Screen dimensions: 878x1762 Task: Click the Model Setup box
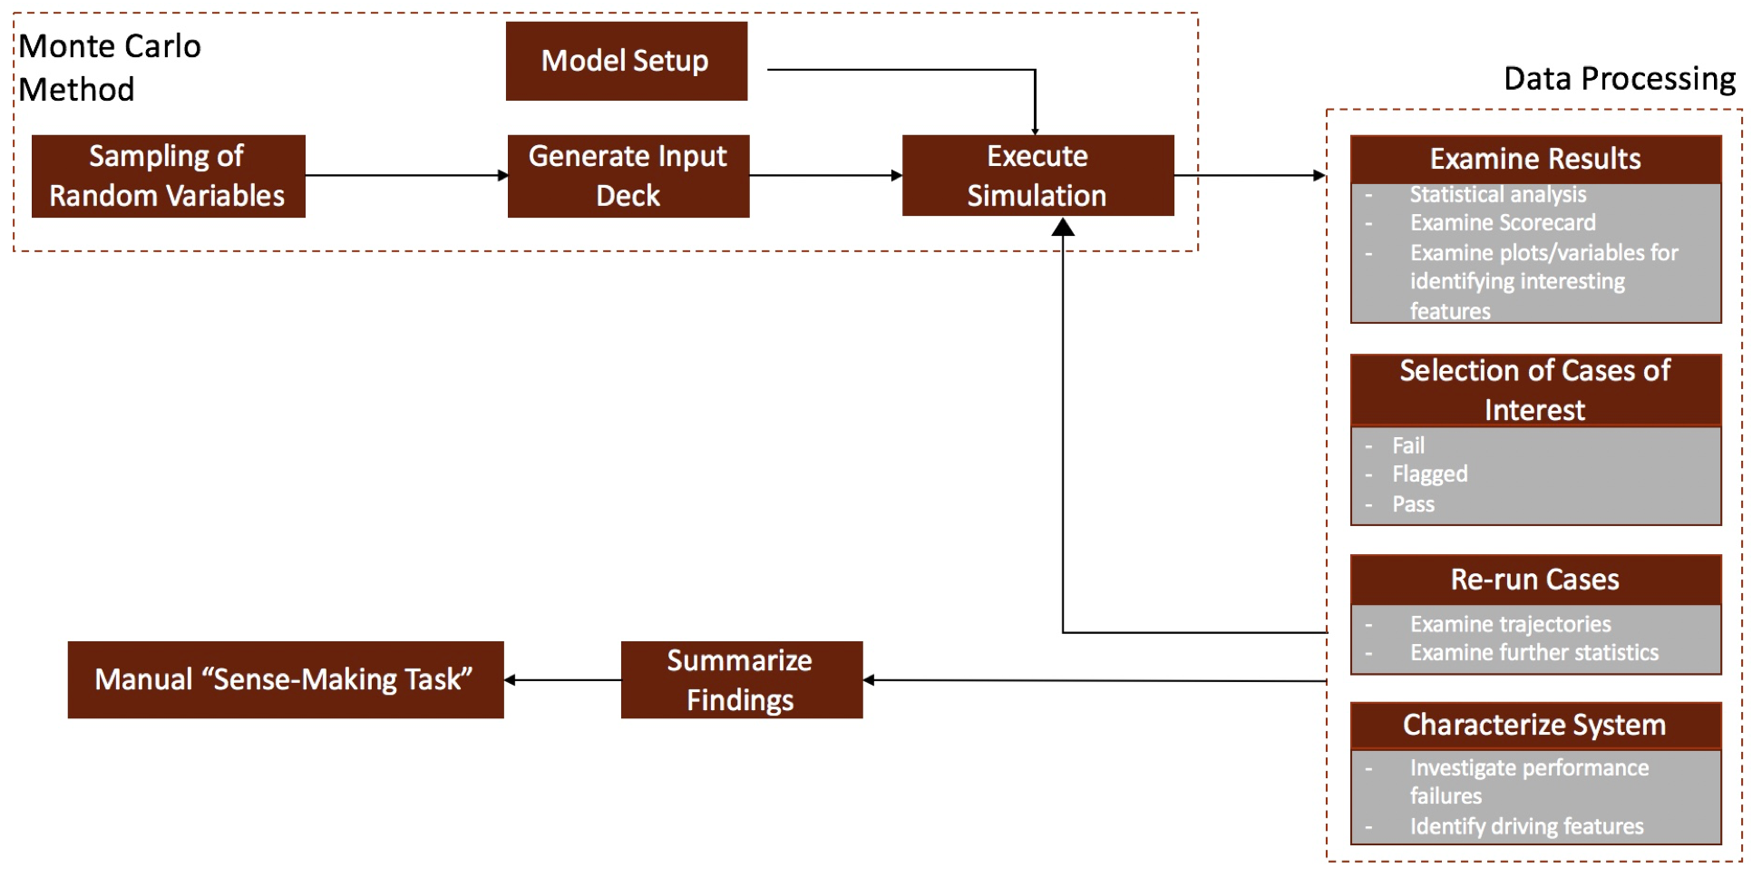click(x=626, y=61)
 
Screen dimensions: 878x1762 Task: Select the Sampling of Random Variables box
click(x=168, y=176)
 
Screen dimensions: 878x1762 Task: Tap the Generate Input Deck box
click(x=628, y=176)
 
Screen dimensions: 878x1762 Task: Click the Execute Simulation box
click(x=1037, y=176)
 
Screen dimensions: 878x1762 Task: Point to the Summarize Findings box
click(x=741, y=680)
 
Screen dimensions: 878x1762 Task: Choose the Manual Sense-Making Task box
click(x=285, y=680)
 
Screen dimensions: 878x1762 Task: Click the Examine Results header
click(x=1535, y=160)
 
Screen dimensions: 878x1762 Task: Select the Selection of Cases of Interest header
click(x=1535, y=390)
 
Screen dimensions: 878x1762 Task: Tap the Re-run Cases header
click(x=1535, y=580)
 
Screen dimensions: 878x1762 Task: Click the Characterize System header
click(x=1535, y=725)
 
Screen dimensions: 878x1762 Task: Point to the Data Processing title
click(x=1620, y=79)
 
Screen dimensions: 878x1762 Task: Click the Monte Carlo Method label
click(x=109, y=68)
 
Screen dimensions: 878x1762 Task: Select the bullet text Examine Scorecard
click(x=1503, y=223)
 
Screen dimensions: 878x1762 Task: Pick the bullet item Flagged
click(x=1430, y=474)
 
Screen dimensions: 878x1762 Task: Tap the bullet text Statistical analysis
click(x=1498, y=194)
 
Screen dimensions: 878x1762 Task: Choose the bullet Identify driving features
click(x=1527, y=826)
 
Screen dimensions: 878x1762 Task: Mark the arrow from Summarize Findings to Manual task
click(x=562, y=680)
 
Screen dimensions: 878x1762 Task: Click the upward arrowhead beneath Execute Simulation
click(x=1063, y=228)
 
